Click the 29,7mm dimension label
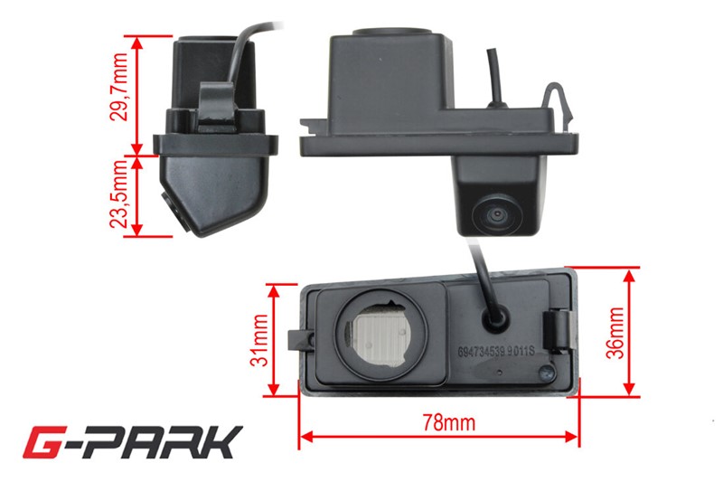click(x=119, y=87)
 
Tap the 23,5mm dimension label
click(x=118, y=194)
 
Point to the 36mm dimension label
click(x=615, y=333)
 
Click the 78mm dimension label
click(x=448, y=422)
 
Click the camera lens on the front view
click(x=496, y=215)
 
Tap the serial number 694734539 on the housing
click(x=482, y=352)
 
